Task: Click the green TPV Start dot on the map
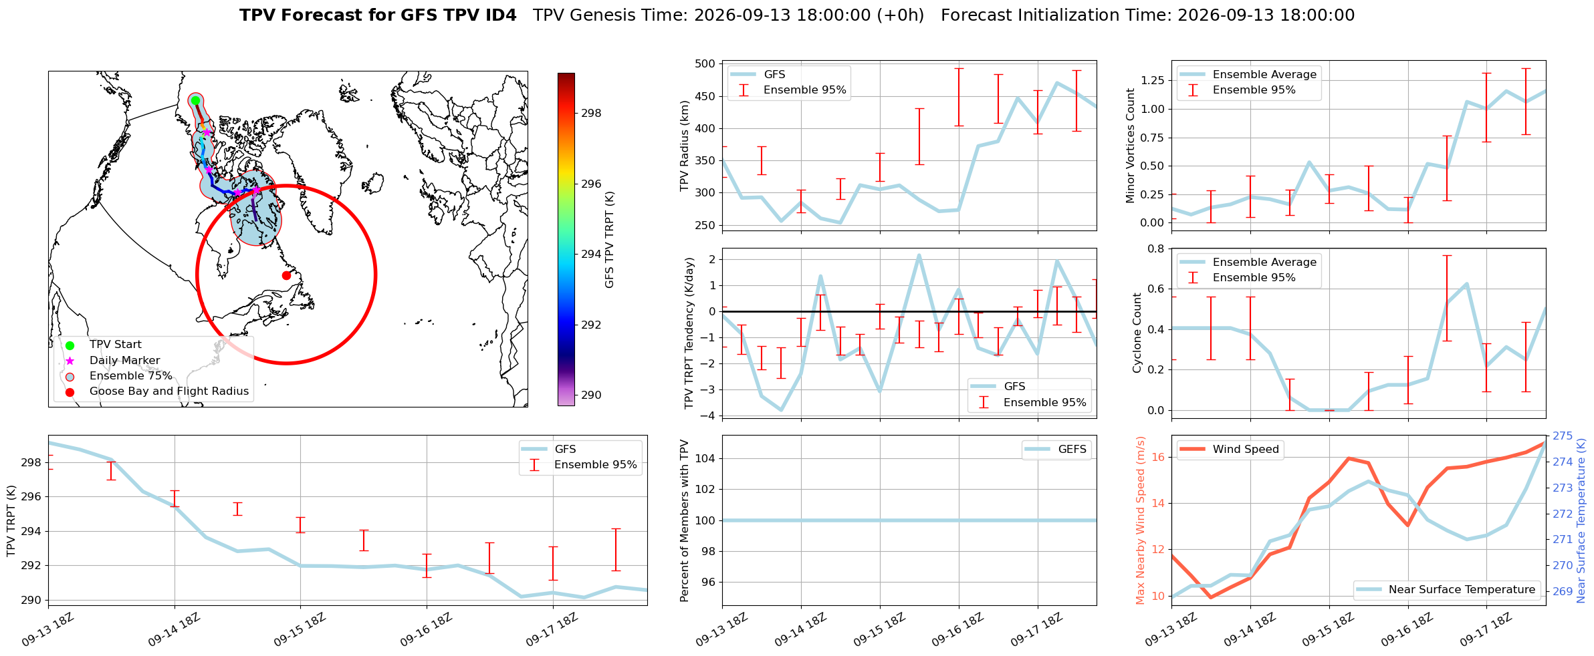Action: [195, 100]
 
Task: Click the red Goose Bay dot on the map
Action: [286, 275]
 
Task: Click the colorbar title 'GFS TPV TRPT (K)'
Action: [609, 240]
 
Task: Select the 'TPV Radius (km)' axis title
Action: [684, 146]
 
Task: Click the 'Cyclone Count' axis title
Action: [1137, 332]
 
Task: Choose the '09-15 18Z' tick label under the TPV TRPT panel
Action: [300, 630]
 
